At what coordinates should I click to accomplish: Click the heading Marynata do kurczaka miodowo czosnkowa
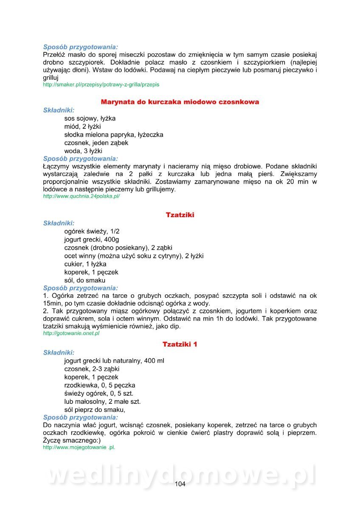(180, 102)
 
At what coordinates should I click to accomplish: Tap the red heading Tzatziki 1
(180, 344)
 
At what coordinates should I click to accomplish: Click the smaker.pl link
(101, 85)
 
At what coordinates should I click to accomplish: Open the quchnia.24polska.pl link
(82, 197)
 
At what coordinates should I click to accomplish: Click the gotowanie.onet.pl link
(71, 333)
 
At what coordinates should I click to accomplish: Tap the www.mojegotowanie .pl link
(79, 447)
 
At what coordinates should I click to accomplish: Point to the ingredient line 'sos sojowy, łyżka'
(90, 118)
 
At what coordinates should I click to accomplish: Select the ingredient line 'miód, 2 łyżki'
(82, 126)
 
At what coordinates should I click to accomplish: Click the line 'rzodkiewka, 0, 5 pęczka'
(99, 386)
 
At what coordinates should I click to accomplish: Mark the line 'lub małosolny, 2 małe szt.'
(102, 402)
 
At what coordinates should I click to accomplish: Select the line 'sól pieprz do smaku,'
(94, 410)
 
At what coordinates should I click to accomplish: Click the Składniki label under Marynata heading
(59, 110)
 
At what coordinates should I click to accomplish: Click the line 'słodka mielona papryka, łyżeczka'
(113, 134)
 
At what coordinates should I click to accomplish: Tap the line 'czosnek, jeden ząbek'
(96, 143)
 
